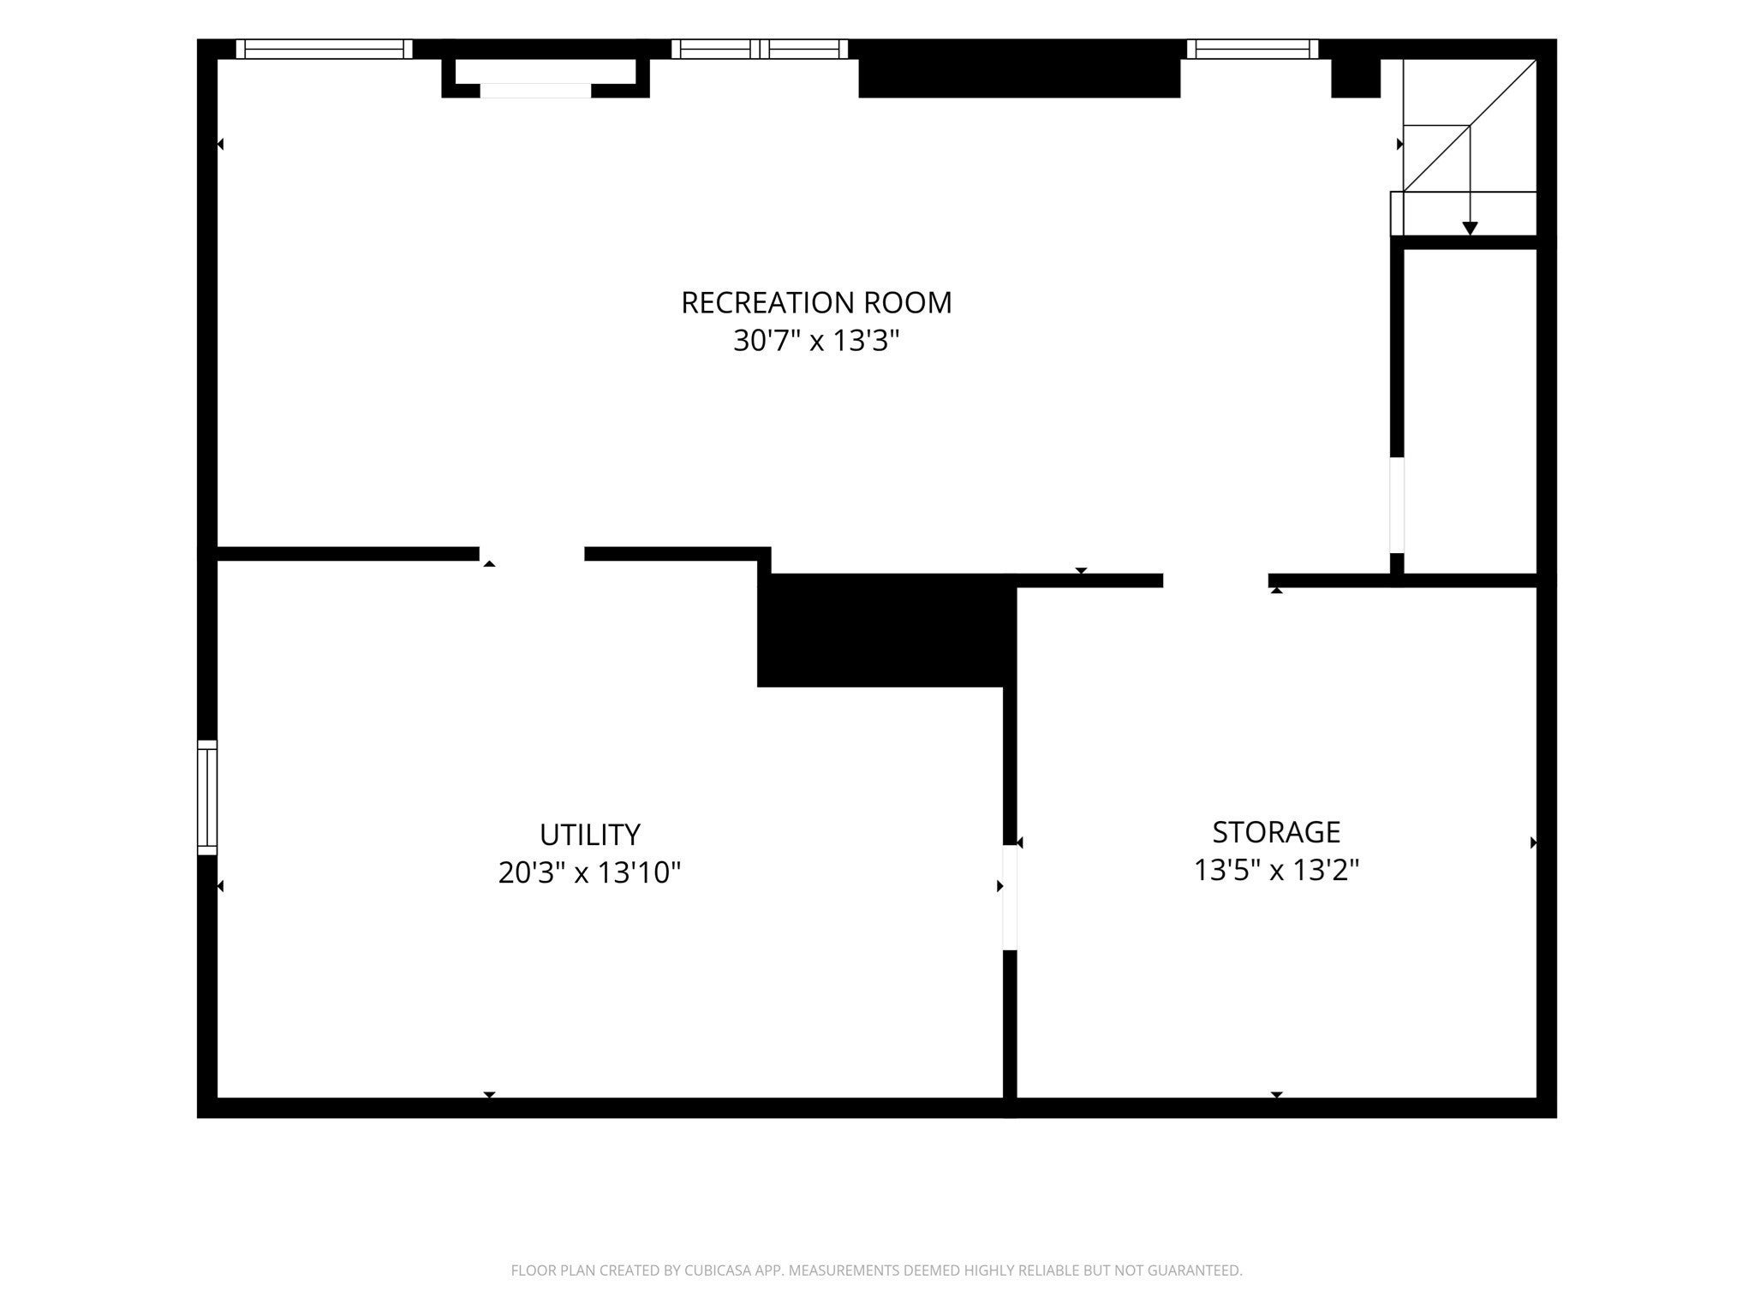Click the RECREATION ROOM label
(x=816, y=303)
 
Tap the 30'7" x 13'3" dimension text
(x=816, y=342)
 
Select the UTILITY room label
(x=590, y=835)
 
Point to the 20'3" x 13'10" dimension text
(x=590, y=873)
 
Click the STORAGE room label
(x=1276, y=832)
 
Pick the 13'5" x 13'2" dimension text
(x=1276, y=871)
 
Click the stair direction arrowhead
(x=1470, y=229)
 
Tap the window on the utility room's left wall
(x=207, y=797)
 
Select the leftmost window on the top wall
(x=324, y=49)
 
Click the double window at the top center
(x=760, y=49)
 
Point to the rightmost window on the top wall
(x=1252, y=49)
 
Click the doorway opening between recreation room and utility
(x=532, y=554)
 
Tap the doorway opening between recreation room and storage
(x=1215, y=580)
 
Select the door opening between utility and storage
(x=1010, y=897)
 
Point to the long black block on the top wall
(x=1019, y=68)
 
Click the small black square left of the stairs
(x=1356, y=78)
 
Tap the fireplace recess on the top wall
(x=546, y=78)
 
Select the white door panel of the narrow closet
(x=1397, y=505)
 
